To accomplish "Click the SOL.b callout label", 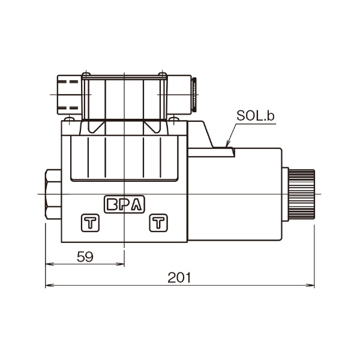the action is pos(256,116).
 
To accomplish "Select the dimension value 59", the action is pos(85,257).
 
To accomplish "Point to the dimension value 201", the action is pos(179,278).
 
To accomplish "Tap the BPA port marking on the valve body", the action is pos(124,204).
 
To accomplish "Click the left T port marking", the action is pos(90,223).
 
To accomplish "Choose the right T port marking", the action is pos(158,223).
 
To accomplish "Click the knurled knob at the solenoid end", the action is pos(301,194).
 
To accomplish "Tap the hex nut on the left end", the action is pos(53,194).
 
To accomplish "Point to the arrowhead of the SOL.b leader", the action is pos(227,144).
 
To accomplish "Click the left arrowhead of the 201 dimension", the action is pos(48,286).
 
